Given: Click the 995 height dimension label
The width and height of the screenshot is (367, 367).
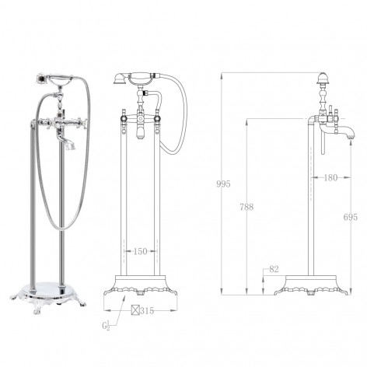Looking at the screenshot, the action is pyautogui.click(x=223, y=184).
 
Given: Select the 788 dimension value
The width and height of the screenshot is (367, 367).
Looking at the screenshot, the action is pyautogui.click(x=246, y=207).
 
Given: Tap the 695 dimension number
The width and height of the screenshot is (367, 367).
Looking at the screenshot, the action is pyautogui.click(x=351, y=217).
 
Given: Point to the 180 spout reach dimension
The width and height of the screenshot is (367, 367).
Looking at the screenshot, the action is pyautogui.click(x=330, y=177).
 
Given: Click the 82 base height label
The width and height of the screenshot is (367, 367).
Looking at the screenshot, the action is pyautogui.click(x=274, y=270).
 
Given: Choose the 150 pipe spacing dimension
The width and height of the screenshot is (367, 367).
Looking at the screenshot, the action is pyautogui.click(x=140, y=251).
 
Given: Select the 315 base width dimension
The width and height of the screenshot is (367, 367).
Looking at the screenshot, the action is pyautogui.click(x=147, y=310).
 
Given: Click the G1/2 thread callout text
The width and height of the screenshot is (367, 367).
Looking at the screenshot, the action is pyautogui.click(x=106, y=326).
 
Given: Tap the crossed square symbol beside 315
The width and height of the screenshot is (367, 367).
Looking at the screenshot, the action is pyautogui.click(x=135, y=310).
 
